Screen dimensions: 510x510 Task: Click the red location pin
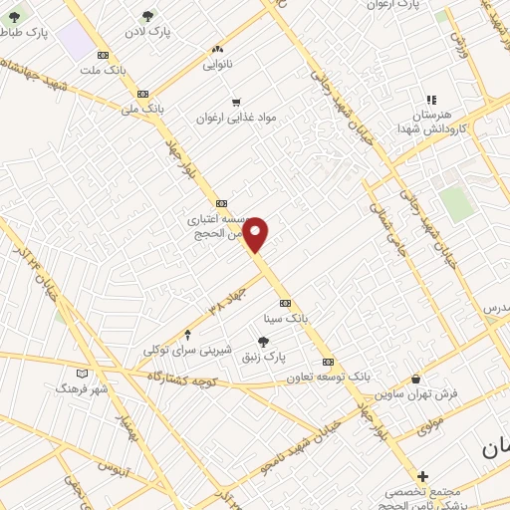[256, 234]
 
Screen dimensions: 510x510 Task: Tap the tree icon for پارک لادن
[148, 15]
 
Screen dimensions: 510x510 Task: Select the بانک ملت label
[103, 72]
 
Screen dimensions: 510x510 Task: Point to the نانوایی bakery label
[217, 65]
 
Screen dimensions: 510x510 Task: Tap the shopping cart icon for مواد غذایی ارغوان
[236, 102]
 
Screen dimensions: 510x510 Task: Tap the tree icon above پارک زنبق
[263, 342]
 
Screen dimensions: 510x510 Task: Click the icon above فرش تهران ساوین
[415, 379]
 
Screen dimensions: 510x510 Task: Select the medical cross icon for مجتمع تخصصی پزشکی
[423, 477]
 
